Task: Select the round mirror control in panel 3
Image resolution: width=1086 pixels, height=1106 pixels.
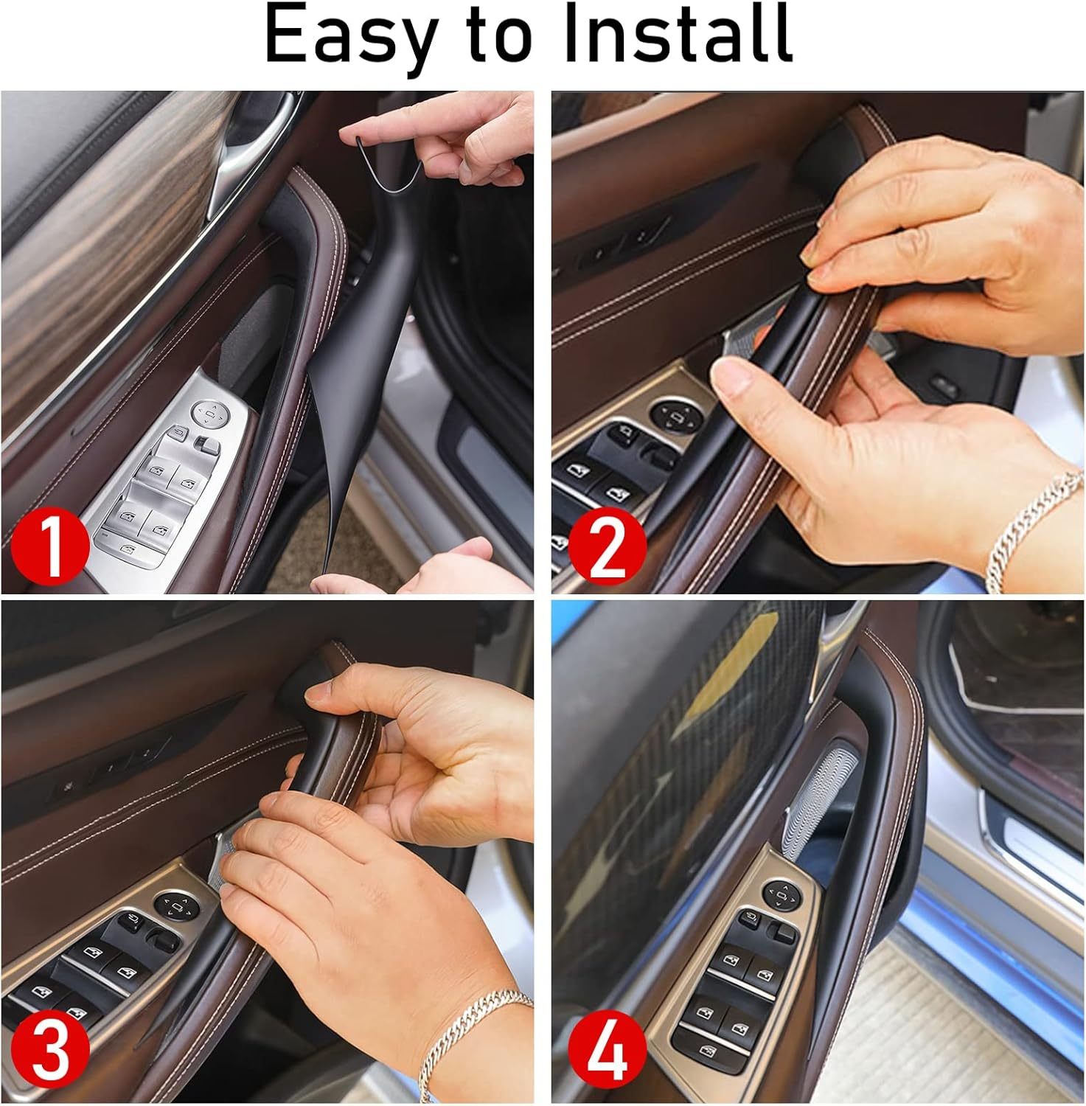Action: (x=175, y=905)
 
